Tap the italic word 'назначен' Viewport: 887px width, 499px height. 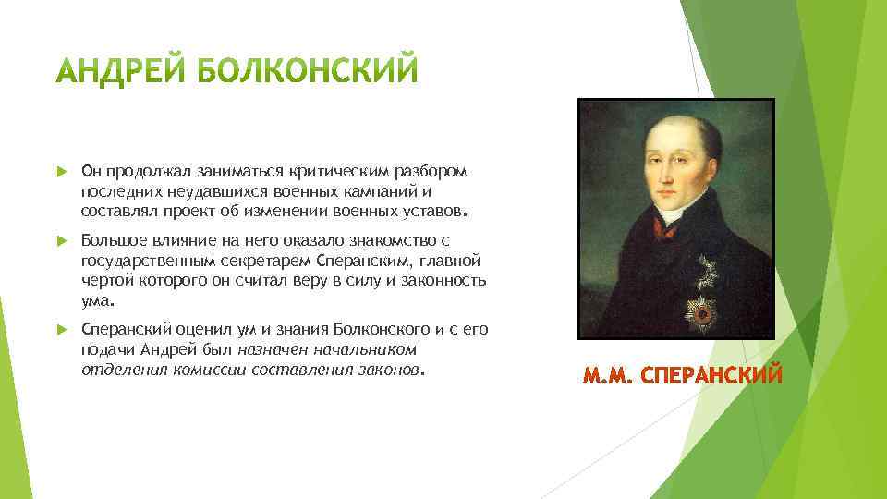(269, 349)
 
